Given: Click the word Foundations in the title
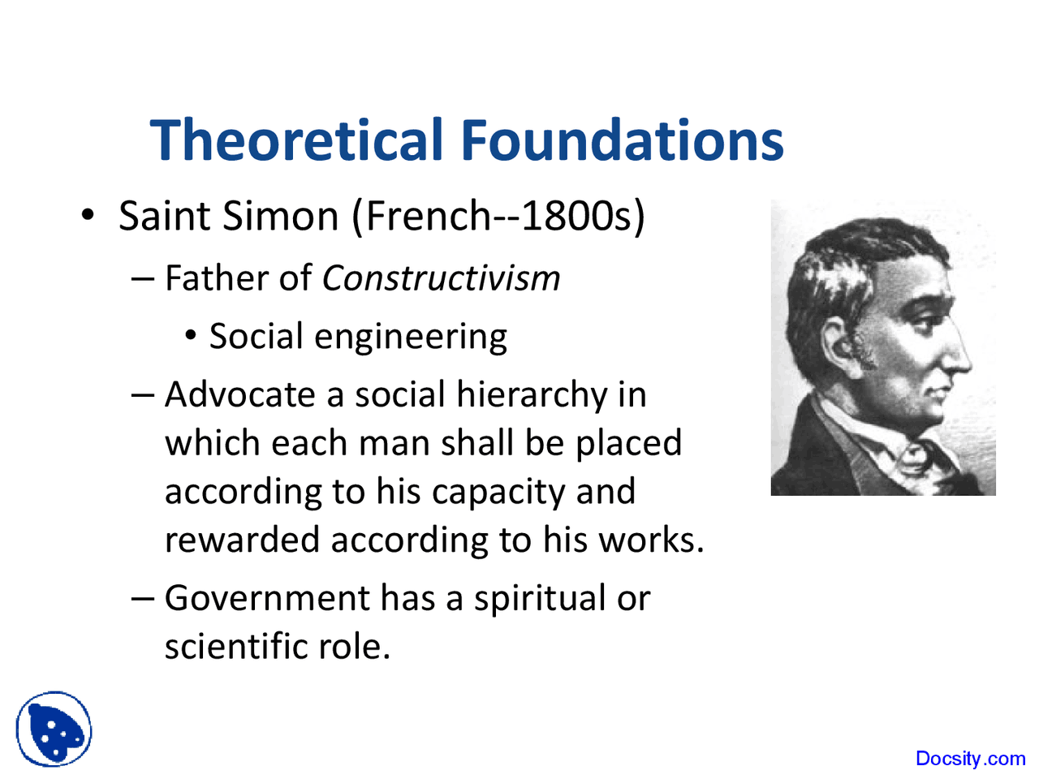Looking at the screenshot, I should click(623, 140).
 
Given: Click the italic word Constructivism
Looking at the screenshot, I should click(441, 278).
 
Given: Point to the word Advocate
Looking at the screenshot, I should click(239, 395).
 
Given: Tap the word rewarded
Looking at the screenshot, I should click(241, 540).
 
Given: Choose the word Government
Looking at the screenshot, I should click(267, 599).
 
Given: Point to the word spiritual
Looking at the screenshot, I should click(540, 599).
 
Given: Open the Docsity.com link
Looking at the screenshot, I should click(970, 759).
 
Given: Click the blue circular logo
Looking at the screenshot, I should click(54, 729).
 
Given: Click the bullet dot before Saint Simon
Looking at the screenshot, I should click(88, 216).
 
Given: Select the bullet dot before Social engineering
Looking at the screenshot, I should click(190, 336).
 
